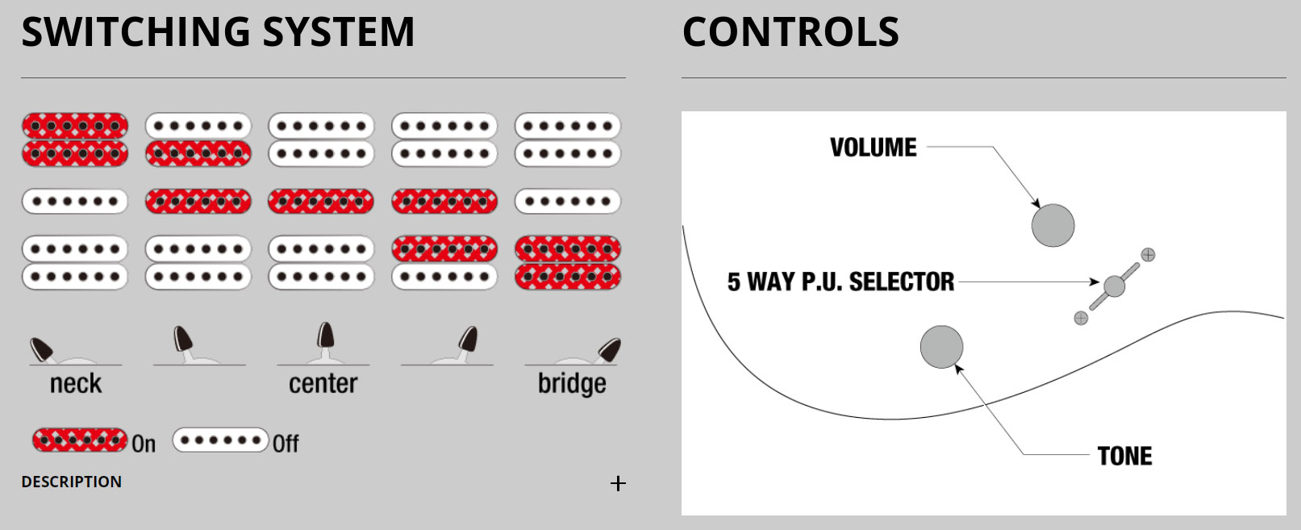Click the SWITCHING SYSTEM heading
coord(218,32)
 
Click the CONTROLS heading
coord(790,32)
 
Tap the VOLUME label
coord(874,148)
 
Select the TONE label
coord(1124,456)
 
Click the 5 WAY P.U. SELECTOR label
coord(840,282)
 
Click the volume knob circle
coord(1053,224)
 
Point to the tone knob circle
coord(941,347)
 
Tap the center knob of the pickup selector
coord(1114,286)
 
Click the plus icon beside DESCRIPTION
coord(618,483)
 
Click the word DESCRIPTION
coord(72,482)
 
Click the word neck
coord(76,383)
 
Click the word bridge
coord(572,384)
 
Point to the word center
coord(323,383)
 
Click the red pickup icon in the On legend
coord(80,440)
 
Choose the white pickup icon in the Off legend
coord(220,440)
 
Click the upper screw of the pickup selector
coord(1148,255)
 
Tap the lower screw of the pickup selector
coord(1081,318)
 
